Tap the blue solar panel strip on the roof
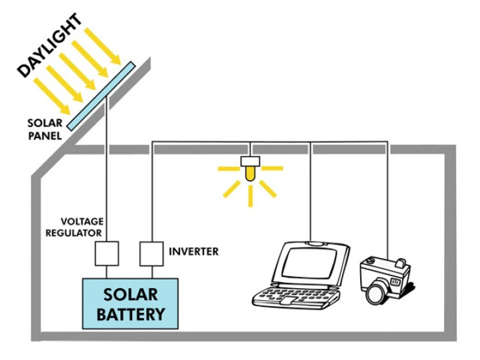point(101,96)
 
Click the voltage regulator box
point(106,254)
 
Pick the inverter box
point(151,254)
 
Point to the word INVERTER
point(193,252)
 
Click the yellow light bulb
point(250,174)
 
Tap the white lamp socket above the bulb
point(250,161)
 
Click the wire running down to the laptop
point(310,195)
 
